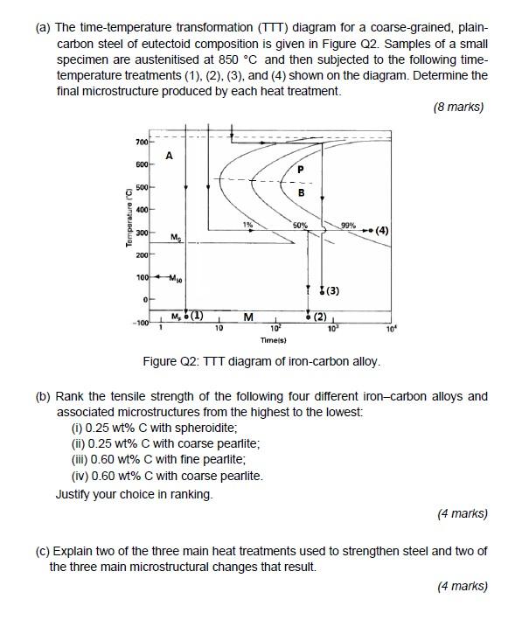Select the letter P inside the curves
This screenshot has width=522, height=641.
coord(301,169)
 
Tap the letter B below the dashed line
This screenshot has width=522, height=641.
coord(301,192)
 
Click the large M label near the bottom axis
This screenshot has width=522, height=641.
coord(248,317)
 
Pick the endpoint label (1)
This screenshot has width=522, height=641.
coord(195,316)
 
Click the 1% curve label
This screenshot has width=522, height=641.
coord(248,226)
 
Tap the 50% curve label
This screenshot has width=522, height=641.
coord(300,226)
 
